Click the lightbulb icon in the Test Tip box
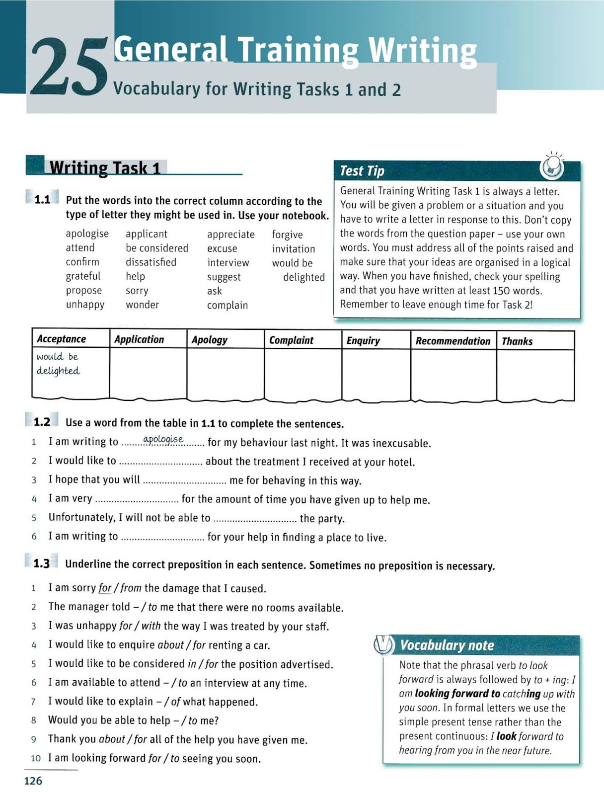(552, 167)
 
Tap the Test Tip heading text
(362, 171)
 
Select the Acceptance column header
(62, 339)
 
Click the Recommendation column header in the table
(453, 341)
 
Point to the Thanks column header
(517, 341)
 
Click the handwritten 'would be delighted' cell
(58, 364)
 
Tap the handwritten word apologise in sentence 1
(163, 439)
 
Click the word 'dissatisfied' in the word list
(151, 262)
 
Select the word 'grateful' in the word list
(83, 276)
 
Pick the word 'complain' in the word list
(227, 305)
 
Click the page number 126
(33, 781)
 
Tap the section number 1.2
(42, 422)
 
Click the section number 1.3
(42, 563)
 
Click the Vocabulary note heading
(447, 645)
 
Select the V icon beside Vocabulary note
(383, 645)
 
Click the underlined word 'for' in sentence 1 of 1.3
(105, 588)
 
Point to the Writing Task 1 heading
(105, 168)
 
